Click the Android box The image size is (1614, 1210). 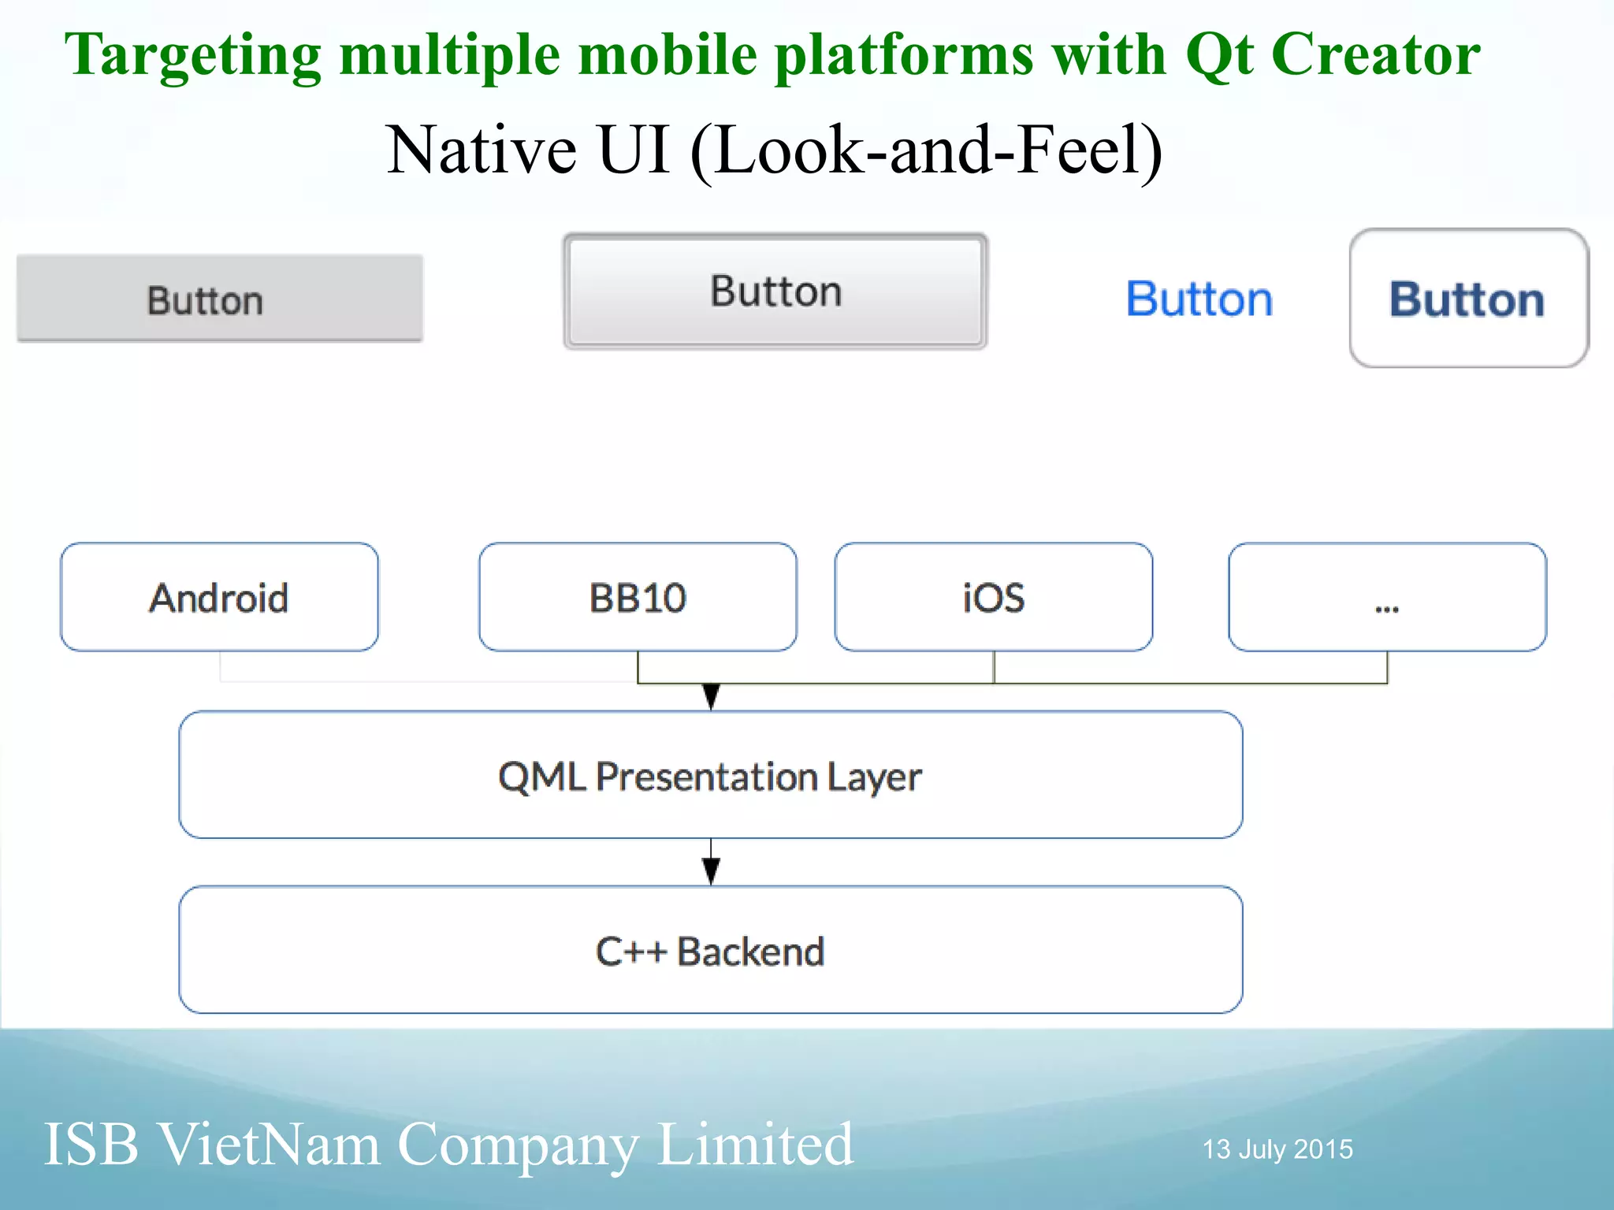[x=219, y=597]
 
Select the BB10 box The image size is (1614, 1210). [x=638, y=597]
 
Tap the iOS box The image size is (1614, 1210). [x=993, y=597]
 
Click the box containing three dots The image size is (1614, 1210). [x=1387, y=597]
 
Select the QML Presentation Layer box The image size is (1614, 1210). [x=710, y=775]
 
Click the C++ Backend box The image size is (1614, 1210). [x=710, y=950]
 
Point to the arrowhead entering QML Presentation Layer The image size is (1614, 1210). [x=711, y=697]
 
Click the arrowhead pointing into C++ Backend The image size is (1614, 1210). [x=711, y=871]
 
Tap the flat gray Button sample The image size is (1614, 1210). [x=219, y=299]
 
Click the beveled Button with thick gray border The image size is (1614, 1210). [x=775, y=291]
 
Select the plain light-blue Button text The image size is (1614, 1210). [x=1199, y=299]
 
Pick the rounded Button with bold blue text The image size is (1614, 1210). [x=1468, y=299]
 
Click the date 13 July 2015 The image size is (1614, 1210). [x=1277, y=1149]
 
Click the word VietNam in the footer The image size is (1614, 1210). [x=270, y=1144]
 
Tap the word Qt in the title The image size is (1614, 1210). [x=1219, y=55]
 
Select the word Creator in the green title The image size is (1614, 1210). [x=1376, y=55]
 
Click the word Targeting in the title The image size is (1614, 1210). [x=193, y=55]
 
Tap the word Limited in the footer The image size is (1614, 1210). [x=755, y=1144]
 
